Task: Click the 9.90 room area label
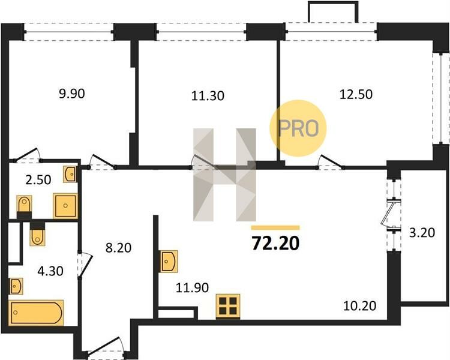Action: click(72, 94)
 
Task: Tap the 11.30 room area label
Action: click(208, 95)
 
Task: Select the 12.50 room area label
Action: click(356, 94)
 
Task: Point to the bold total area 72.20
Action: click(275, 244)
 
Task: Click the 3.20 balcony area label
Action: click(422, 233)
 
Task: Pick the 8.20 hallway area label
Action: click(118, 247)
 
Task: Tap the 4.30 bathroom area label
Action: click(50, 271)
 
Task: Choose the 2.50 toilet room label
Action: click(38, 180)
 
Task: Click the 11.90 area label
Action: click(192, 287)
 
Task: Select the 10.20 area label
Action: click(359, 306)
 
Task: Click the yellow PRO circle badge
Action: click(298, 128)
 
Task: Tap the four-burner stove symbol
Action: click(228, 307)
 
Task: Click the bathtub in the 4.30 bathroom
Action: click(36, 313)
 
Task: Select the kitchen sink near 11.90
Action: click(169, 261)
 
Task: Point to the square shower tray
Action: click(65, 206)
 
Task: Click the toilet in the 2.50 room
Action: click(25, 206)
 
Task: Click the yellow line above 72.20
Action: click(275, 228)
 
